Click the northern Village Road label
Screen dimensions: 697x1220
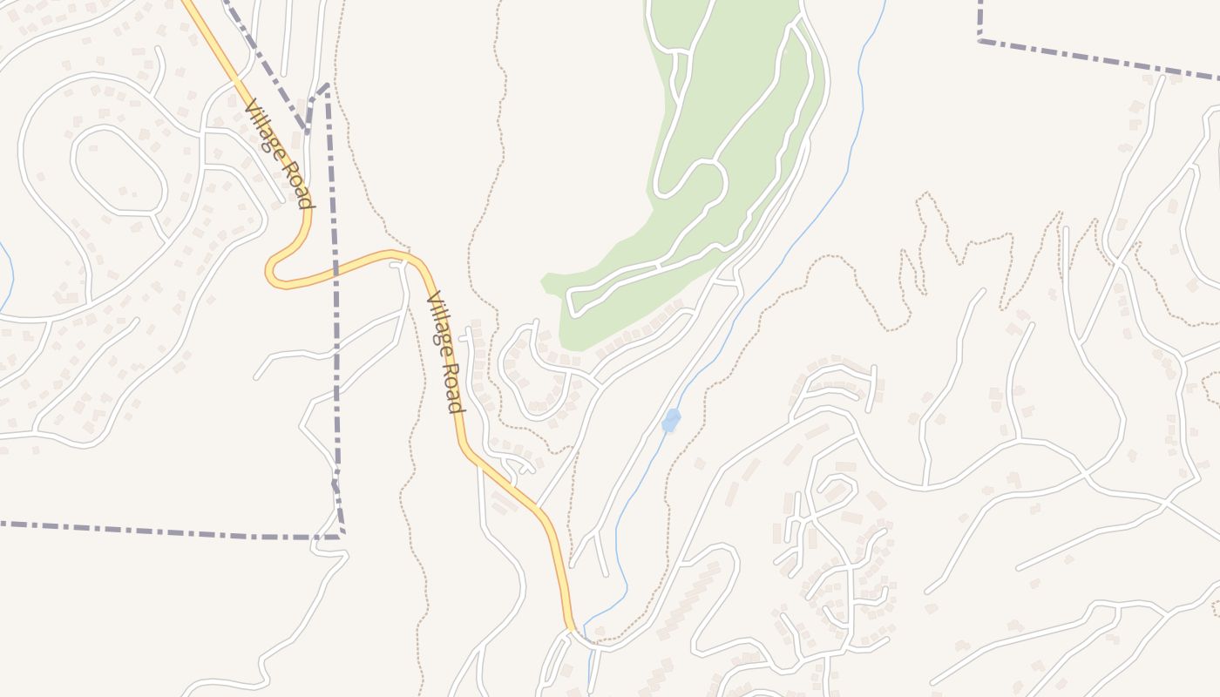278,154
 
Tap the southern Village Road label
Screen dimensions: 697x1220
444,352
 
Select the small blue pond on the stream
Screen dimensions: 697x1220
670,422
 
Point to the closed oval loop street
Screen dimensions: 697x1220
119,170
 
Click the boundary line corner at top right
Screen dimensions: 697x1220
980,39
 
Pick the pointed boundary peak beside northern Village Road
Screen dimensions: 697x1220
327,85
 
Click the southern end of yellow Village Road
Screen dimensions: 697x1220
571,626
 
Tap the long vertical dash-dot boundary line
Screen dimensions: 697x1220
334,305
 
